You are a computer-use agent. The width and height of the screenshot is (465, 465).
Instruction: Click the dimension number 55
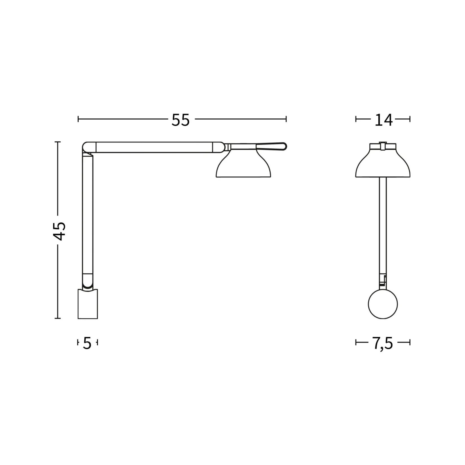click(x=181, y=120)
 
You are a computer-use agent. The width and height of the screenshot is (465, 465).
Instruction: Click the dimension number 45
click(x=60, y=231)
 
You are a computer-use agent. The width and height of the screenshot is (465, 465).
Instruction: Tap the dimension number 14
click(x=383, y=120)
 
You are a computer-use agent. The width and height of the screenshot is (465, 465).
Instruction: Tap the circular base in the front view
click(x=383, y=304)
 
